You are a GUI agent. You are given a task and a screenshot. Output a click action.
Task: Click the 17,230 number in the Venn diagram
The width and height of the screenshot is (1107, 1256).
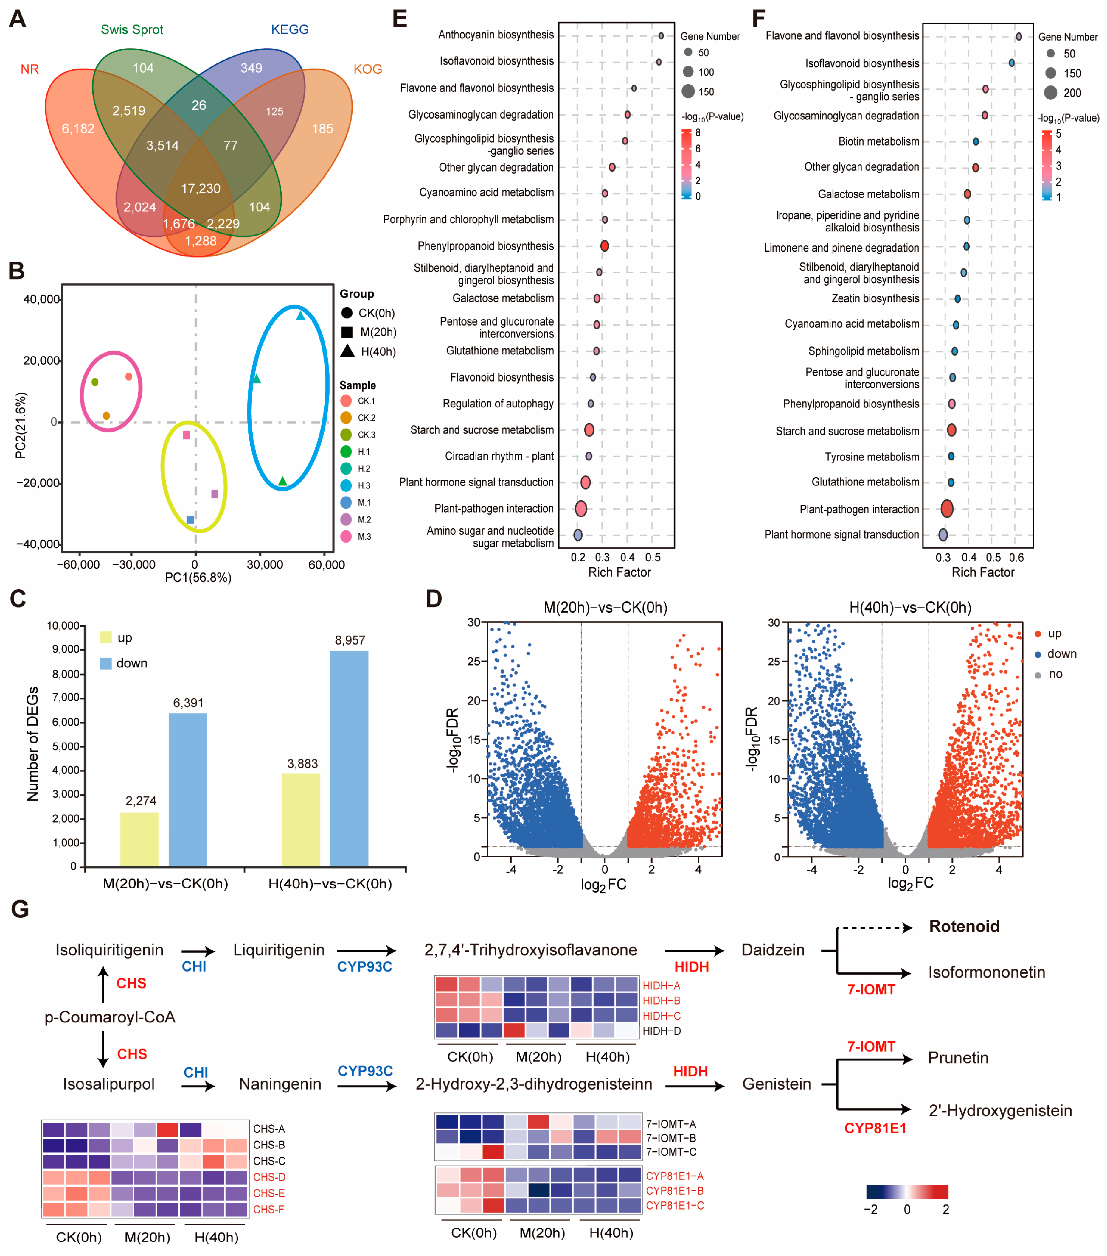[x=200, y=189]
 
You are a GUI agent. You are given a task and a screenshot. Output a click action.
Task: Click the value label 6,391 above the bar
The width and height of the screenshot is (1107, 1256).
[x=188, y=703]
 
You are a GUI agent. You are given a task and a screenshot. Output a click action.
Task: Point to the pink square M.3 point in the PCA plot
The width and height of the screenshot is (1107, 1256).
[x=186, y=435]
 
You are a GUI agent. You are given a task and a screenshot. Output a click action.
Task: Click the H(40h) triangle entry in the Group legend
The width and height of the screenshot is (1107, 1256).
[x=369, y=351]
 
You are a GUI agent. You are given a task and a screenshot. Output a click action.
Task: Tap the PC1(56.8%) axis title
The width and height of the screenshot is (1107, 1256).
[x=198, y=578]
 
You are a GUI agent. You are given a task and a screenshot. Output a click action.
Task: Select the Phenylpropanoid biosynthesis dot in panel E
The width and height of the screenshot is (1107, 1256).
[x=604, y=246]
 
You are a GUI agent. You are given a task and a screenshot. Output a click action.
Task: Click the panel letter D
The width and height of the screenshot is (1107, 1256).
[x=434, y=598]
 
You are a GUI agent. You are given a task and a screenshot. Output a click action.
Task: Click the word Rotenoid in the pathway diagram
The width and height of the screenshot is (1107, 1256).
[x=964, y=927]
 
